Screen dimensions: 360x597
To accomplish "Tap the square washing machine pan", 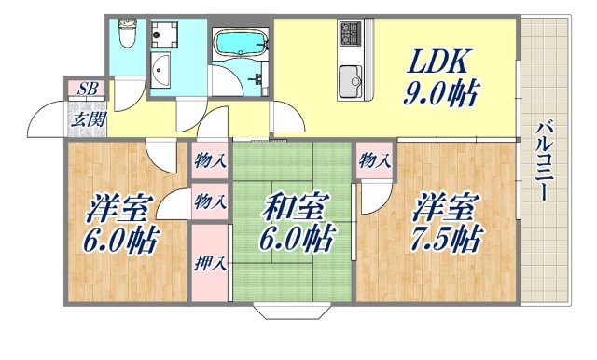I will [x=169, y=35].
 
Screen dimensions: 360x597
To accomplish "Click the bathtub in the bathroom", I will [x=241, y=44].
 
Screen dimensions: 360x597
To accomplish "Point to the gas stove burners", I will [x=351, y=35].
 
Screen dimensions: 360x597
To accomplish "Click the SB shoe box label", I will [x=87, y=90].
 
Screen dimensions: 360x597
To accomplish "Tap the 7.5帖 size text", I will [x=446, y=240].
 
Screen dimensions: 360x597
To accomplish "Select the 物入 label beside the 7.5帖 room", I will [x=375, y=161].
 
